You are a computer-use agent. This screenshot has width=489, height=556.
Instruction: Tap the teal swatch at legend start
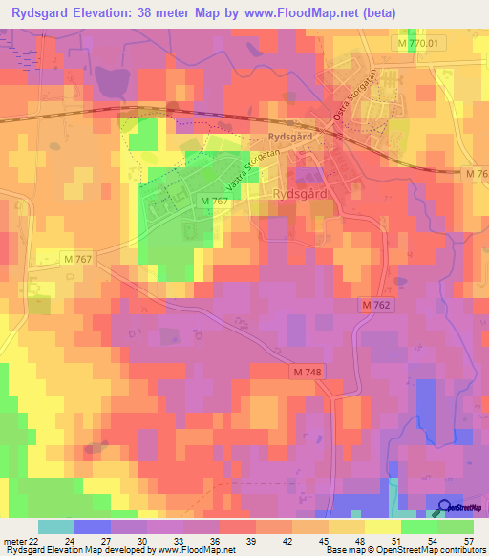[x=56, y=526]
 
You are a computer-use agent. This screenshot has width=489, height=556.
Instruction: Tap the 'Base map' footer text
[x=345, y=550]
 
